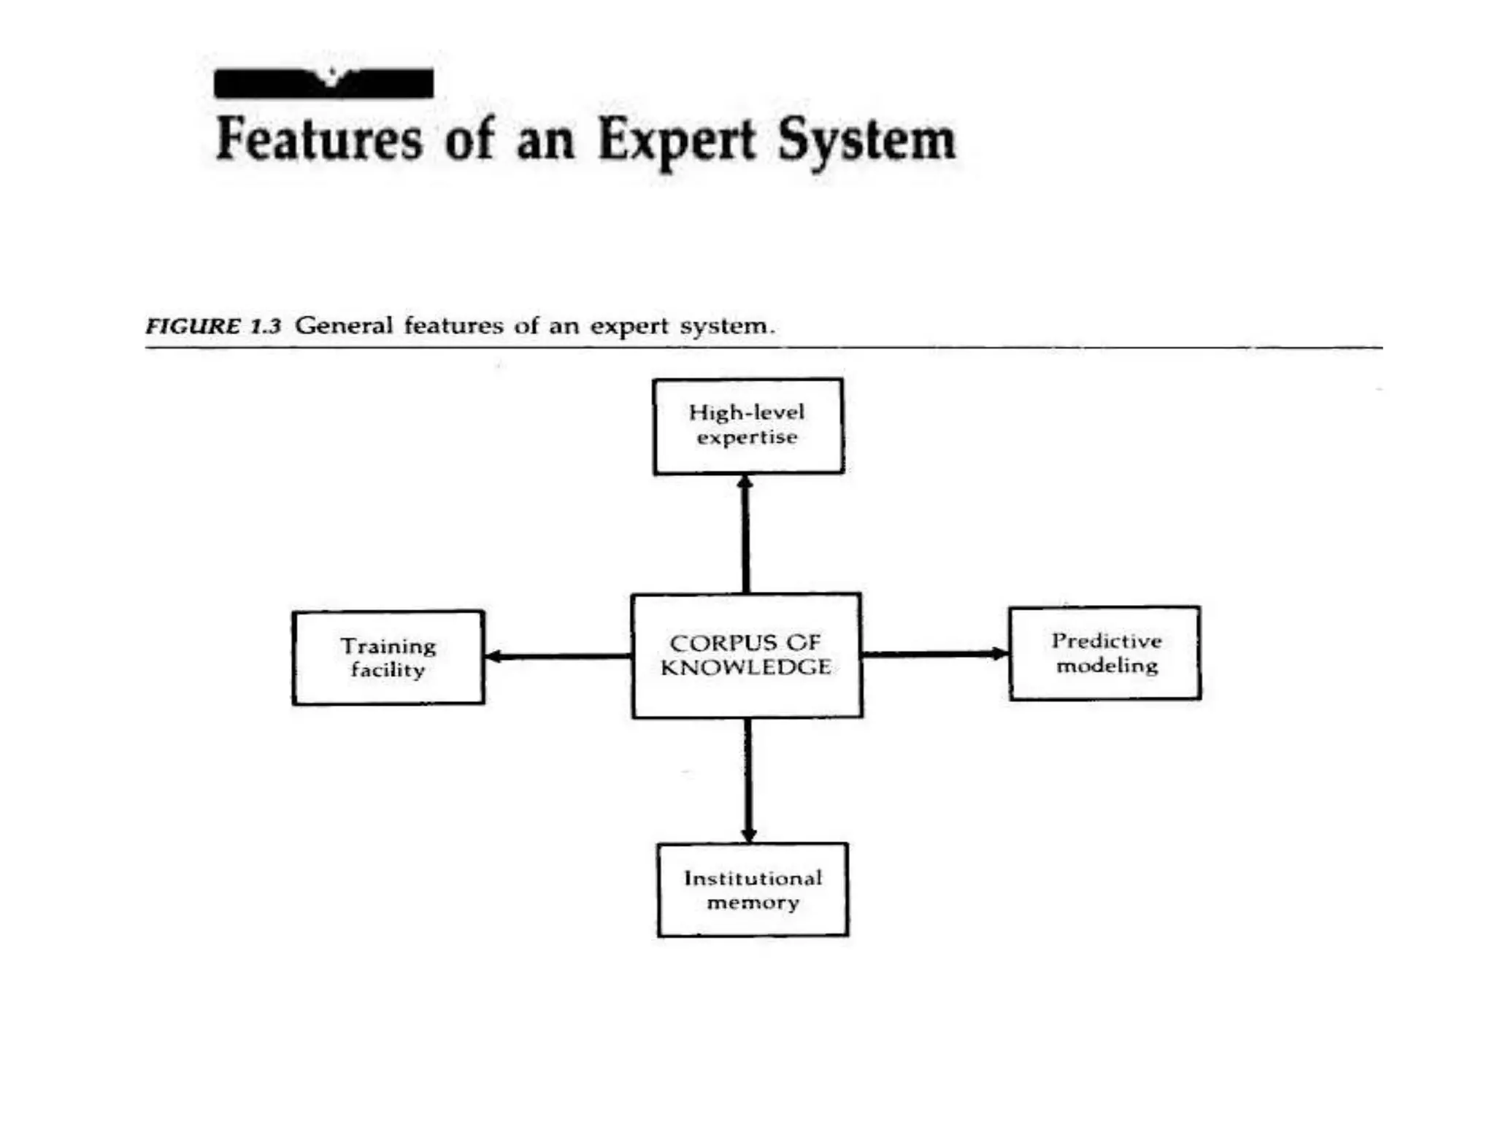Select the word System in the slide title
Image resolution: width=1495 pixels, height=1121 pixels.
pyautogui.click(x=866, y=140)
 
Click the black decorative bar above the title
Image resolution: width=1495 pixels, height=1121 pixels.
pyautogui.click(x=323, y=84)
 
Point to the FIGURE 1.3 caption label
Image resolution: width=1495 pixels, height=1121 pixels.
pyautogui.click(x=213, y=325)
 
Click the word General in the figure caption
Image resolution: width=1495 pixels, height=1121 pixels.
pyautogui.click(x=344, y=325)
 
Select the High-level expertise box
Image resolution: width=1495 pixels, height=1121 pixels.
pyautogui.click(x=748, y=426)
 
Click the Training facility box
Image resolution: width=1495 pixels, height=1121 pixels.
pyautogui.click(x=388, y=658)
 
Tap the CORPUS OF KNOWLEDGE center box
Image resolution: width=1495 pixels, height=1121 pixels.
pyautogui.click(x=746, y=655)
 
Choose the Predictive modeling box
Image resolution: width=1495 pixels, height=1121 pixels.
pyautogui.click(x=1105, y=653)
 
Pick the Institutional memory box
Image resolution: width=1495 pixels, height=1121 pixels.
pyautogui.click(x=753, y=890)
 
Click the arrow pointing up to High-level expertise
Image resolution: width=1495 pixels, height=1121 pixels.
pyautogui.click(x=745, y=533)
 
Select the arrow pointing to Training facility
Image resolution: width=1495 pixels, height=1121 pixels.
pyautogui.click(x=558, y=656)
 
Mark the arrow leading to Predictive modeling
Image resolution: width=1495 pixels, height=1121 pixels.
pyautogui.click(x=935, y=653)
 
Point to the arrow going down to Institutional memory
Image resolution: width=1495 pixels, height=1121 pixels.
pyautogui.click(x=748, y=780)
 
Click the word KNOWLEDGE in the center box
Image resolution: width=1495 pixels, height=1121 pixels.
pyautogui.click(x=746, y=667)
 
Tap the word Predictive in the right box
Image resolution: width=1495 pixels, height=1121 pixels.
pyautogui.click(x=1107, y=641)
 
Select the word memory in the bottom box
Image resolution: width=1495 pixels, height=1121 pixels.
pyautogui.click(x=753, y=903)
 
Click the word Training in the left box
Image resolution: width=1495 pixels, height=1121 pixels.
pyautogui.click(x=388, y=646)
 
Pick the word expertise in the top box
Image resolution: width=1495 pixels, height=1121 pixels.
pyautogui.click(x=747, y=437)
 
